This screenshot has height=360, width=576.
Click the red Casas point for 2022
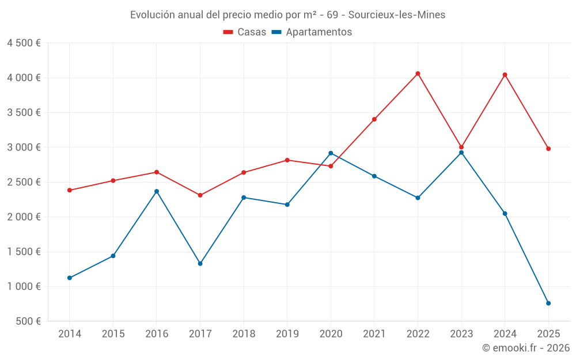click(x=418, y=74)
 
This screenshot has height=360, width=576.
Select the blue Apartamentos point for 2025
click(x=548, y=304)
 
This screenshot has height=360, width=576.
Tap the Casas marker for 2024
click(x=505, y=75)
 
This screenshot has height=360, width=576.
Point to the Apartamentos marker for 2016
click(x=157, y=191)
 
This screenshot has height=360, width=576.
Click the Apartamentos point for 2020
click(x=331, y=153)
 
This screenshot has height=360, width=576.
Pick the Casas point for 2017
click(x=200, y=195)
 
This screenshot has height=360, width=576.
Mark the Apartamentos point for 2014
click(x=70, y=278)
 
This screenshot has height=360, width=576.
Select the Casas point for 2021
click(x=374, y=119)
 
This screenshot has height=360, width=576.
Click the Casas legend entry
click(x=245, y=32)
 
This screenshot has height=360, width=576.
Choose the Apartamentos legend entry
click(x=312, y=32)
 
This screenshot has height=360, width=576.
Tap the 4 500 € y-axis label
click(x=24, y=43)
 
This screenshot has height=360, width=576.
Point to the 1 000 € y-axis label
click(x=24, y=287)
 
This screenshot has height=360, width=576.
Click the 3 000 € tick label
click(x=24, y=147)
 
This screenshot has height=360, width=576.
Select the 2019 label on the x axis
click(x=287, y=334)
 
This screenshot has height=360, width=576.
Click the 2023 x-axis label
click(x=461, y=334)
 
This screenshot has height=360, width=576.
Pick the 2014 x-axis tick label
click(x=70, y=334)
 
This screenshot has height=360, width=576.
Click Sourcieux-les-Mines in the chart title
click(x=397, y=15)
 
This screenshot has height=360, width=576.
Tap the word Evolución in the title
click(x=151, y=15)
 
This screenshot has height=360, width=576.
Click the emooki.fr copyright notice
click(x=526, y=348)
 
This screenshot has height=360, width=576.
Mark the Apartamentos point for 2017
click(x=200, y=263)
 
